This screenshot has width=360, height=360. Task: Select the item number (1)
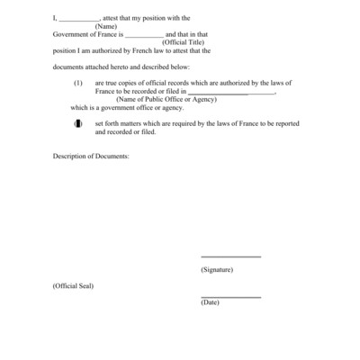click(78, 83)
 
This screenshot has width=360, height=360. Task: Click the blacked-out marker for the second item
click(78, 123)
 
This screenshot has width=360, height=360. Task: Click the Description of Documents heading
click(91, 157)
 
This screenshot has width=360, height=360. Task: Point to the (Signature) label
click(217, 269)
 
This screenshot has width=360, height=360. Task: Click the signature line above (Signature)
click(230, 257)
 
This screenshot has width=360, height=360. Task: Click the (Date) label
click(210, 302)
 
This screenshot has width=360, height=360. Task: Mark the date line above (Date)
click(230, 296)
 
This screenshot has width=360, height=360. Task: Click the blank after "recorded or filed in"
click(231, 92)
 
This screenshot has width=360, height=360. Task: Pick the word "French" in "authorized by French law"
click(152, 50)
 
